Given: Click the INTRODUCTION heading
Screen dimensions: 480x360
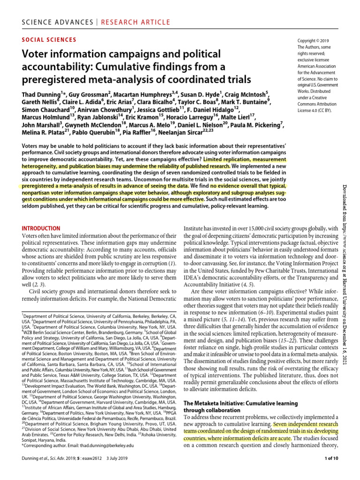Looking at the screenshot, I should [x=41, y=228].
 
